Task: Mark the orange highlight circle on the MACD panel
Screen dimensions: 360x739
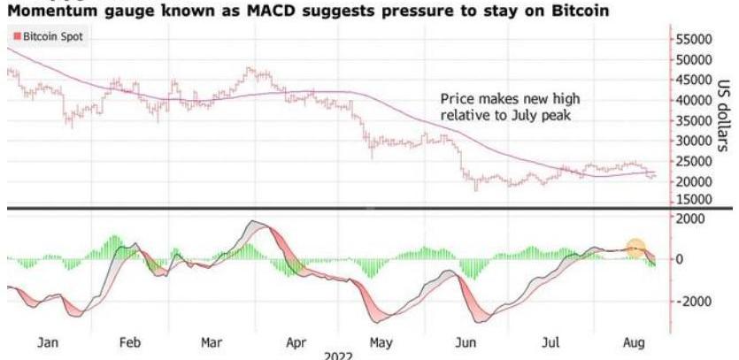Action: pyautogui.click(x=635, y=249)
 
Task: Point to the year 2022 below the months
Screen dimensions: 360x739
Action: pyautogui.click(x=339, y=355)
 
